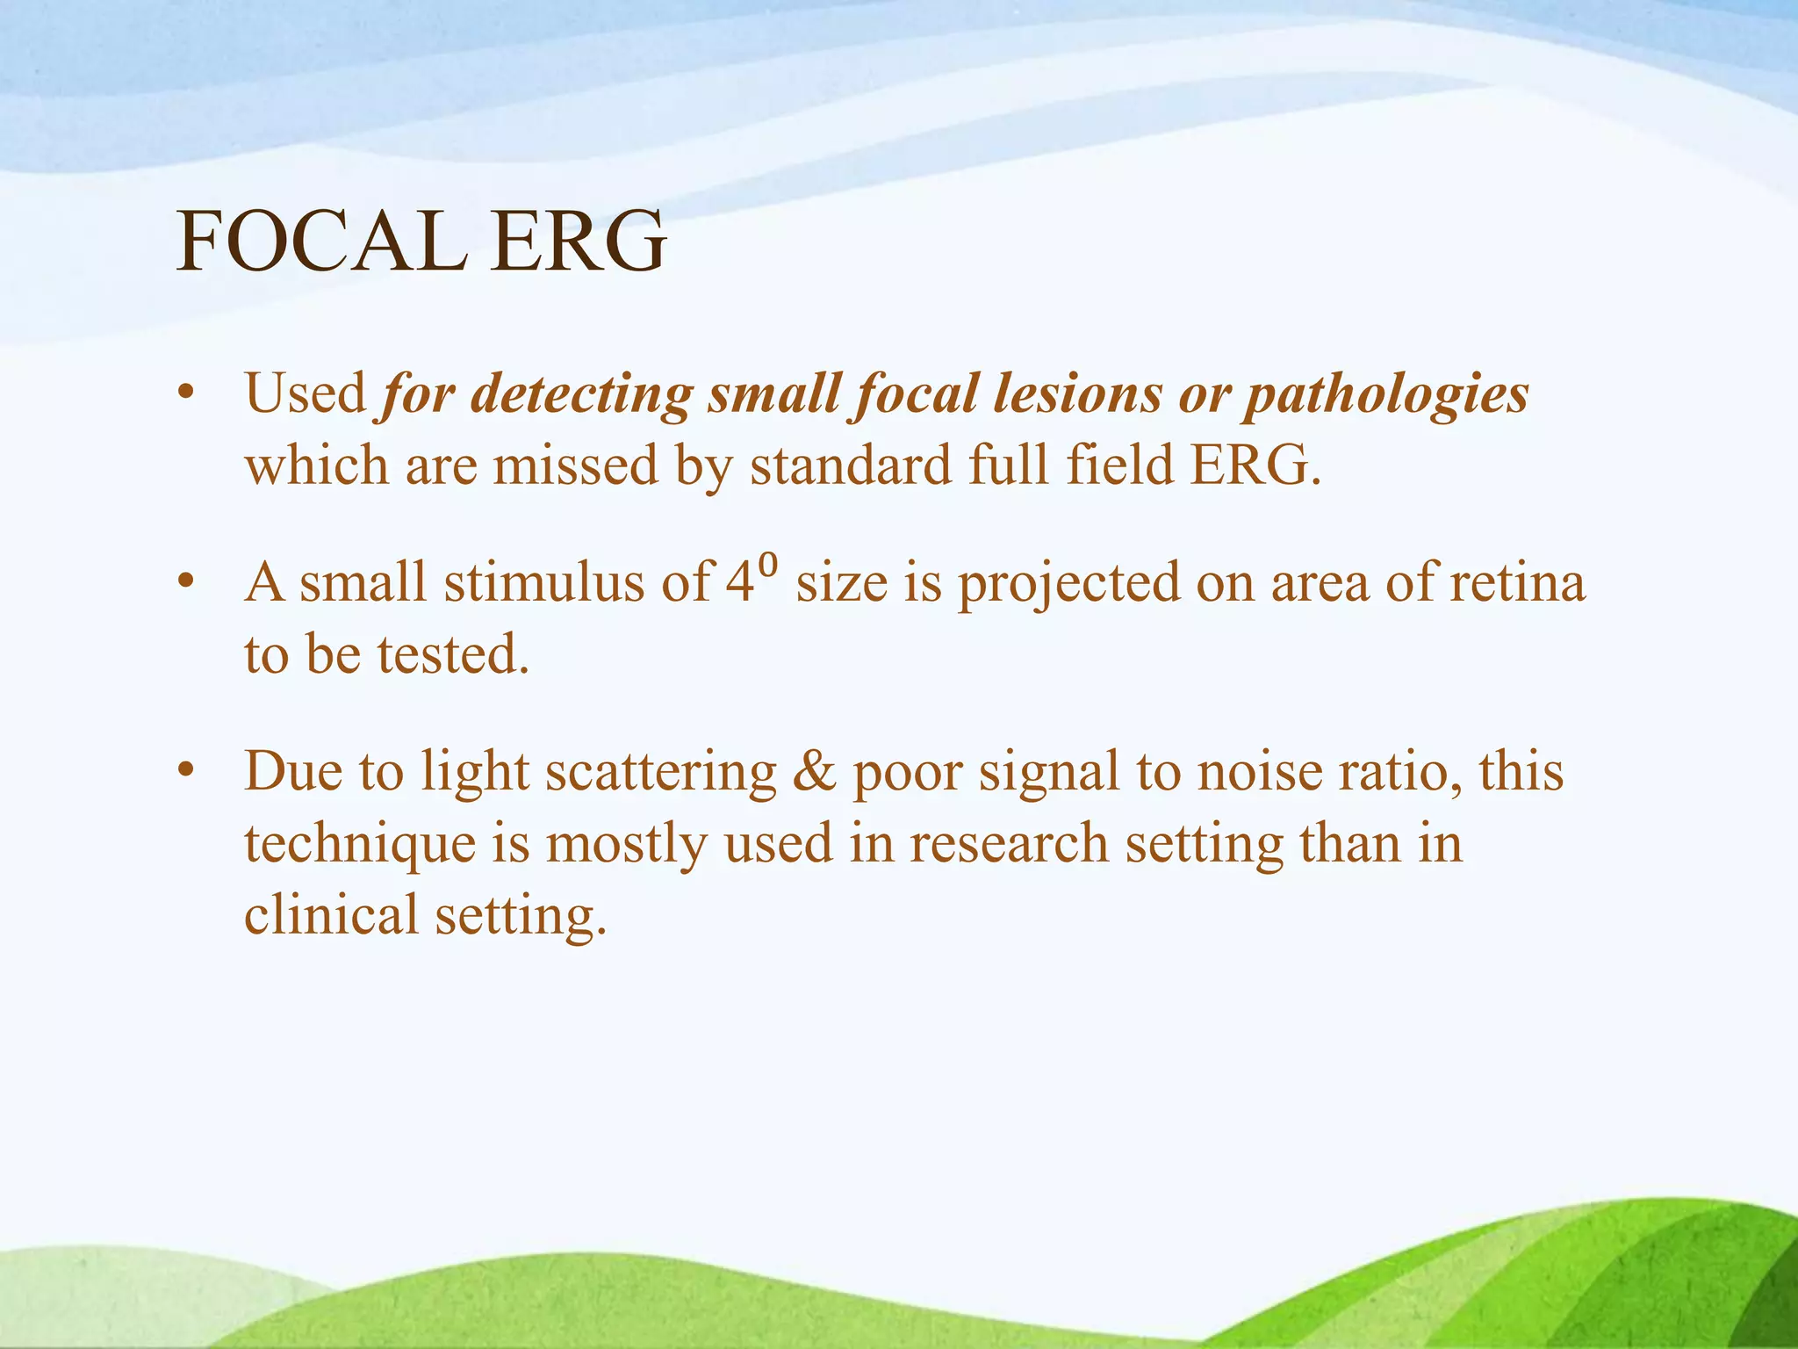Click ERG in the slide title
pyautogui.click(x=579, y=242)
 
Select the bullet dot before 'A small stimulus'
pyautogui.click(x=183, y=582)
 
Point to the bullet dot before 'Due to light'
pyautogui.click(x=183, y=771)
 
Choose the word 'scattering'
pyautogui.click(x=660, y=771)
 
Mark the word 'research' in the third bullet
pyautogui.click(x=1009, y=843)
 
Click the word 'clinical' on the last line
pyautogui.click(x=331, y=914)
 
